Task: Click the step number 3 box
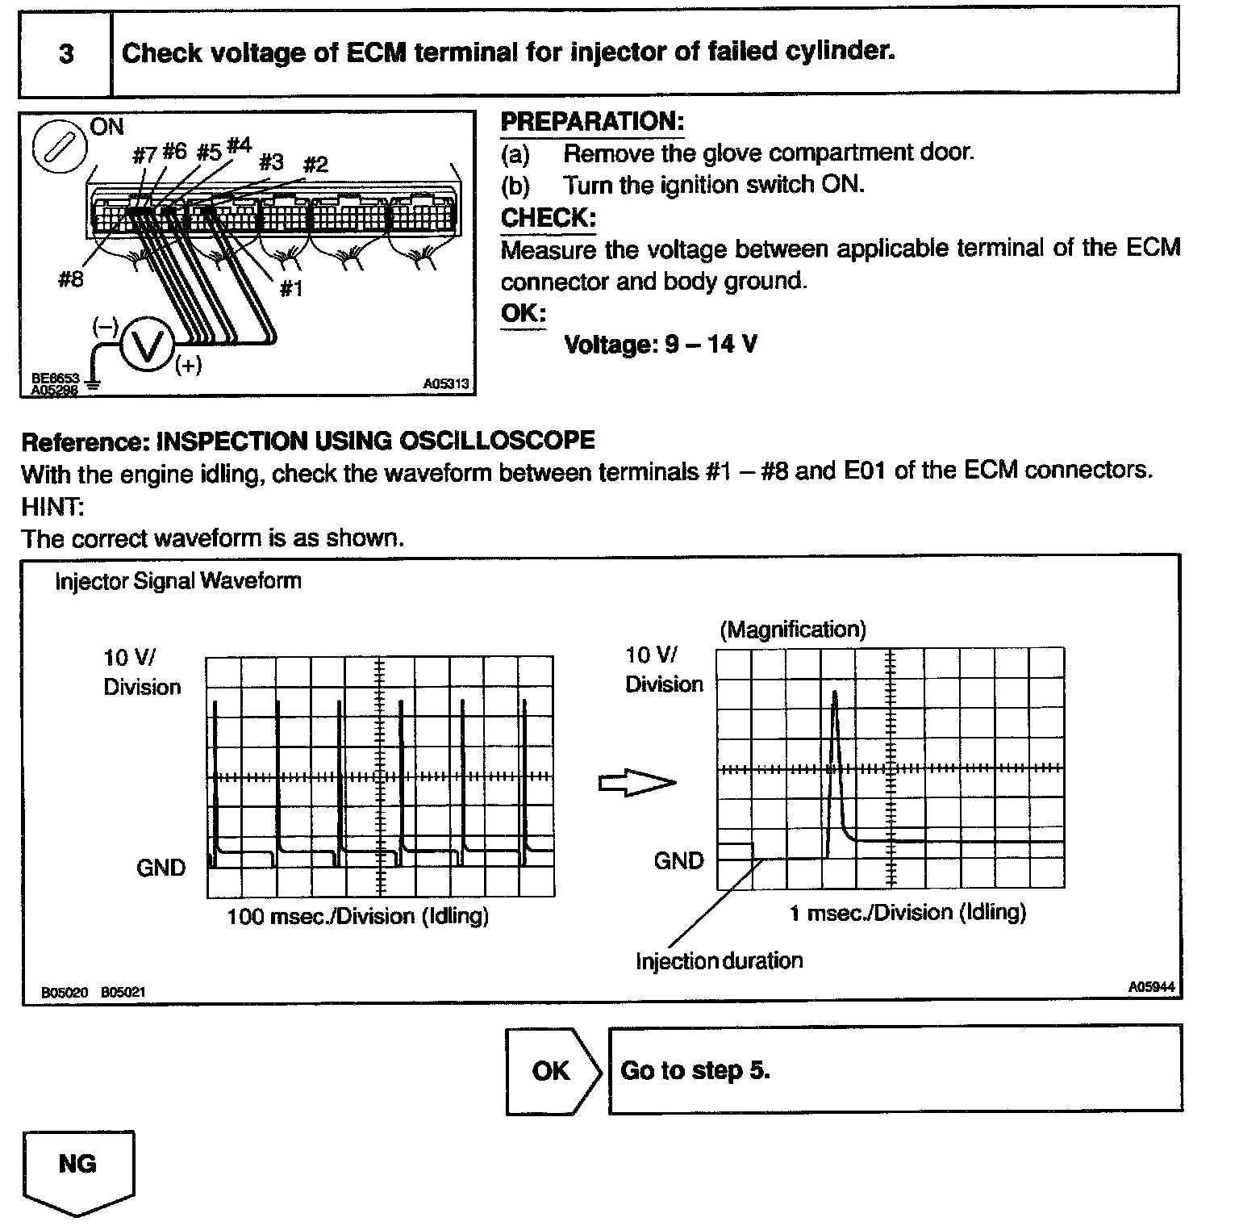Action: pos(65,54)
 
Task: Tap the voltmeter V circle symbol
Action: pos(145,347)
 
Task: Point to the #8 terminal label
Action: pos(71,280)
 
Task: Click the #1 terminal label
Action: pos(290,288)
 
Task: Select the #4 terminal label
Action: pos(239,146)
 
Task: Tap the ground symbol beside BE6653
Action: pos(94,385)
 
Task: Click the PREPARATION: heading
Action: pos(592,122)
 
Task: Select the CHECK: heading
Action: pos(549,218)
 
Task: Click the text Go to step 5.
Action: pos(695,1070)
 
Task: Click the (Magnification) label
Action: pos(792,630)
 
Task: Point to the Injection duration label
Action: pos(719,960)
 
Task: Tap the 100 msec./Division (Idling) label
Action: pos(357,916)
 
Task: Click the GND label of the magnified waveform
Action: pos(678,860)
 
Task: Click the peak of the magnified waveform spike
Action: pos(834,692)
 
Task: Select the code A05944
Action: pos(1150,986)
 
